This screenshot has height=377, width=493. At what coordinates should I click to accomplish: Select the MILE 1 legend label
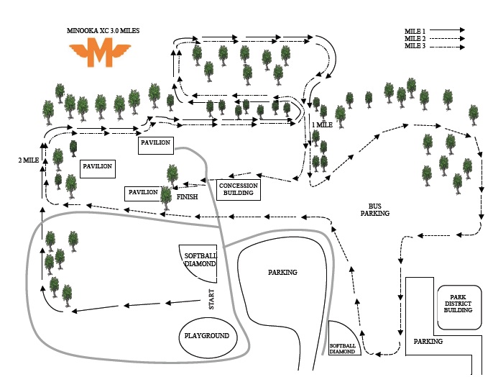415,31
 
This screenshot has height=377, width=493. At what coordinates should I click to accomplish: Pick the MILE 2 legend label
415,38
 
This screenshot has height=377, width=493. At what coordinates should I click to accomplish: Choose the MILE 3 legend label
415,45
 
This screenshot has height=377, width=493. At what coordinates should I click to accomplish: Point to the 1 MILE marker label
322,124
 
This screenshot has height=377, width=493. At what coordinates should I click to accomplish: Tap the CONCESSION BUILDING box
239,190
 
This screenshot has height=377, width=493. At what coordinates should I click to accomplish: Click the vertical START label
212,299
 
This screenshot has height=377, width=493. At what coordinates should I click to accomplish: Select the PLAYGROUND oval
206,336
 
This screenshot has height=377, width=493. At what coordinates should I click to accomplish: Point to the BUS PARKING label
374,209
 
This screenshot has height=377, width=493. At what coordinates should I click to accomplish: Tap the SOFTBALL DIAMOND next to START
199,259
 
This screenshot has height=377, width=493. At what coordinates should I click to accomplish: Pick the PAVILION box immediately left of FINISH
142,192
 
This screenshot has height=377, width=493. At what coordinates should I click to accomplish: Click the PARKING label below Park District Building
428,341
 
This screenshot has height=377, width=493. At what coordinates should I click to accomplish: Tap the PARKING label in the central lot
282,272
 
